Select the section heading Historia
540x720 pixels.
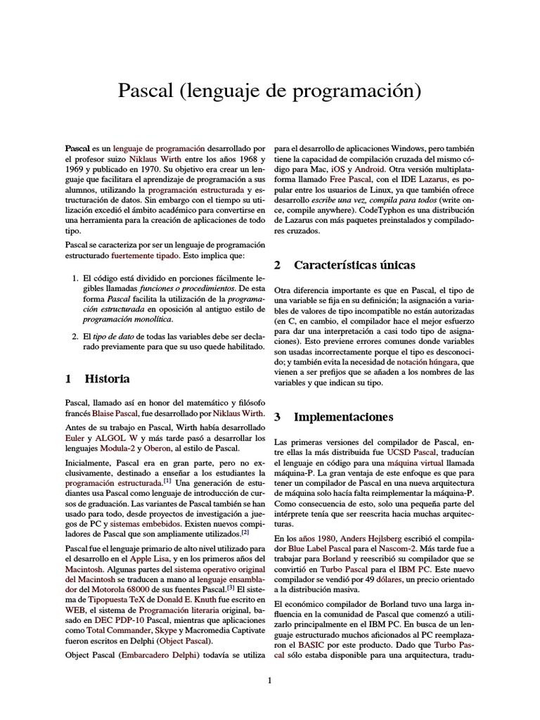(x=107, y=378)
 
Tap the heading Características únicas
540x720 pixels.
(x=354, y=265)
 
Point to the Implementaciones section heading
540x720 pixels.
(x=343, y=417)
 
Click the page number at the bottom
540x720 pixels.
(x=269, y=680)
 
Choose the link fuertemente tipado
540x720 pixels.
(x=146, y=257)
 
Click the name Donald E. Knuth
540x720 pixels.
(x=179, y=599)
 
